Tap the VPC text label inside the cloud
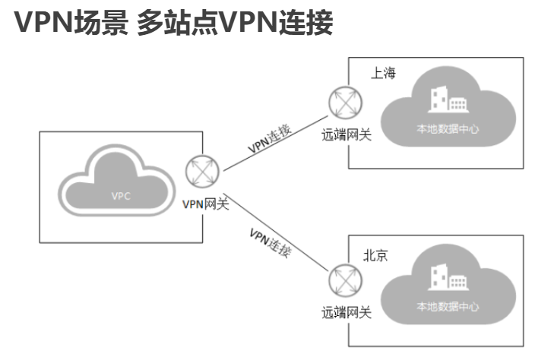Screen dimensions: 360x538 [121, 196]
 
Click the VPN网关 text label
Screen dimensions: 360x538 [205, 204]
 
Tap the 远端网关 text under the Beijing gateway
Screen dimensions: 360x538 [346, 312]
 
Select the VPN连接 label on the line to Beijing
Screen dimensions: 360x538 [271, 241]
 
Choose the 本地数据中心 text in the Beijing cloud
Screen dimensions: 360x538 [448, 307]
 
